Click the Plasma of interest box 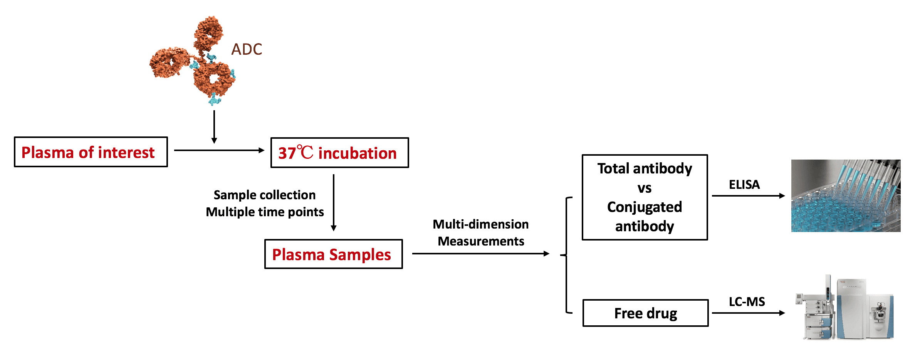(x=91, y=152)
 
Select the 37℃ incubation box (x=339, y=153)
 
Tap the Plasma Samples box (x=333, y=254)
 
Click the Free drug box (x=645, y=313)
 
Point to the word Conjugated (x=645, y=207)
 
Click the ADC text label (x=247, y=49)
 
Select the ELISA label (x=744, y=185)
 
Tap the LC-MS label (x=747, y=301)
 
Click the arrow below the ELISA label (x=747, y=196)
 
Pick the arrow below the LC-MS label (x=747, y=313)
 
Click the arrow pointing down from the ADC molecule (x=214, y=127)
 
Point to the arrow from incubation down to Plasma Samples (x=334, y=202)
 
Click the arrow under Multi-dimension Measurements (x=480, y=254)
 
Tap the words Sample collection (x=265, y=195)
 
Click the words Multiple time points (x=265, y=212)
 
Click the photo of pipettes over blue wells (x=846, y=196)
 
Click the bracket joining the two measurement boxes (x=566, y=255)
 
